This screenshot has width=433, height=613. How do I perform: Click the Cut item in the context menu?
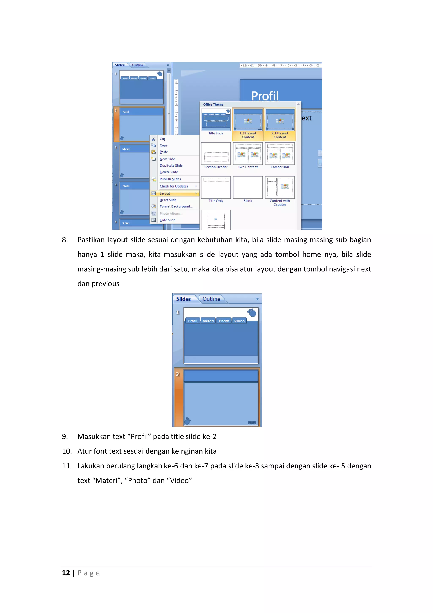coord(162,139)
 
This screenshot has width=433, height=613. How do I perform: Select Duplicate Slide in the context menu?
coord(171,166)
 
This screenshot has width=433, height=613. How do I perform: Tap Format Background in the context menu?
coord(176,206)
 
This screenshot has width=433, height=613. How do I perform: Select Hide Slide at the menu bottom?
coord(167,220)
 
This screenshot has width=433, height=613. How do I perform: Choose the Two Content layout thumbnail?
coord(248,154)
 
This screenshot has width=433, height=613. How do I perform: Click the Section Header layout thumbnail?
coord(216,154)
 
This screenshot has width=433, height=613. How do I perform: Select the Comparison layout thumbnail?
coord(280,154)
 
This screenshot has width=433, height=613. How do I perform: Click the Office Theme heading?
coord(213,104)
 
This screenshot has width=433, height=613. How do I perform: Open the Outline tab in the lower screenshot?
coord(211,299)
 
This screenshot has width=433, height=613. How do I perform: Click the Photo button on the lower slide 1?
coord(224,321)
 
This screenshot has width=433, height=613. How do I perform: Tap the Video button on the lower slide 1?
coord(239,321)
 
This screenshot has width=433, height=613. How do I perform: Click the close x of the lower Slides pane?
coord(257,299)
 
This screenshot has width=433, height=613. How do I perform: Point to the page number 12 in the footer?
coord(66,573)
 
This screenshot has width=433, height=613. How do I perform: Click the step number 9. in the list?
coord(65,436)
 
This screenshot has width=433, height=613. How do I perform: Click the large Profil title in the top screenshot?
coord(265,96)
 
